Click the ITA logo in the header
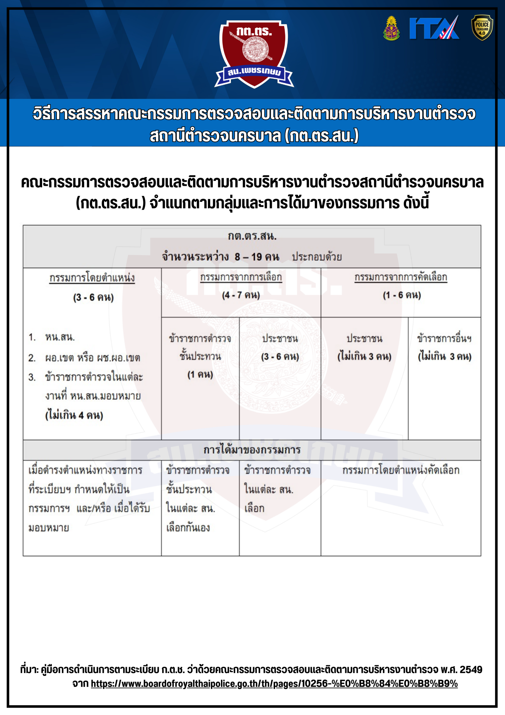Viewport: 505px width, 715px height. (x=434, y=28)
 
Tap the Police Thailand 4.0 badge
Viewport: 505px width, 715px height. (x=482, y=28)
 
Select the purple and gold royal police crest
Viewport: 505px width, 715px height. (x=391, y=28)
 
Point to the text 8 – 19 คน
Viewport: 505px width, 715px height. (x=257, y=257)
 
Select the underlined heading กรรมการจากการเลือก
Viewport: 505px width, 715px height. (x=241, y=277)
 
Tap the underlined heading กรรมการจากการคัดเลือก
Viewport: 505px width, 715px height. (x=401, y=277)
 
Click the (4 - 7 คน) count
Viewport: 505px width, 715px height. (x=241, y=295)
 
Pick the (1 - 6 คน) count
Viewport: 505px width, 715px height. (x=402, y=295)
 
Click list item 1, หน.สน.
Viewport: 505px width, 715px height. (x=60, y=337)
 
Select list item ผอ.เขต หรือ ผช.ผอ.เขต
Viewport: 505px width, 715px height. (x=92, y=357)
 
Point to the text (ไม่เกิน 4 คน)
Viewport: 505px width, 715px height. (x=74, y=415)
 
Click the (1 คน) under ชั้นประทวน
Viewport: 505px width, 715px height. (x=200, y=374)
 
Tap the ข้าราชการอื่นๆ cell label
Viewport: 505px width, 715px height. (x=444, y=338)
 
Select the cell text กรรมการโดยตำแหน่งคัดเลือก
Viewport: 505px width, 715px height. (x=401, y=470)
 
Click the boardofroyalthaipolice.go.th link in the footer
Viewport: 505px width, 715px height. (x=274, y=683)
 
